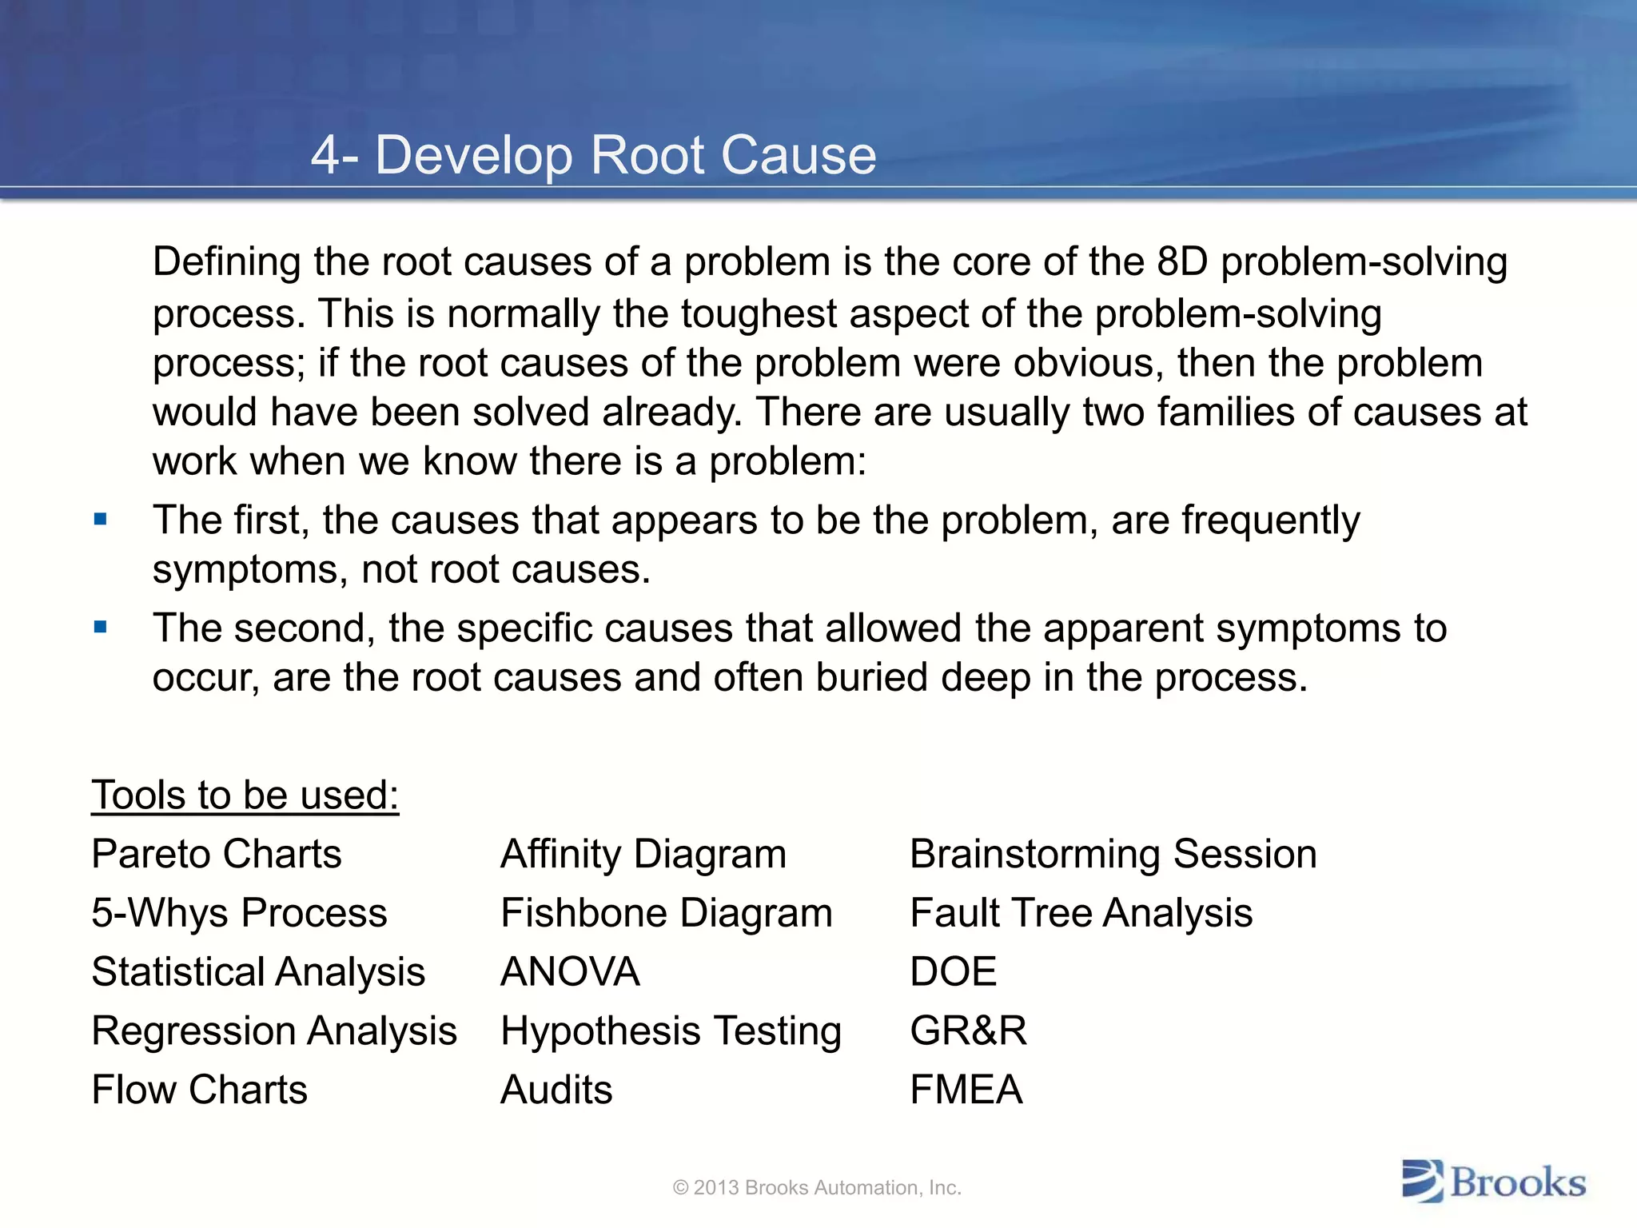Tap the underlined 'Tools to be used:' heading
coord(245,795)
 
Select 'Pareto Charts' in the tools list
coord(217,854)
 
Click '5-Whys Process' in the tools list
coord(239,913)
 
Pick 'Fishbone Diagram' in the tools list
coord(666,913)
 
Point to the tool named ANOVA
coord(570,972)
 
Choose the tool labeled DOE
coord(953,972)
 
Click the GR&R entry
coord(968,1031)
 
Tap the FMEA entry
coord(966,1090)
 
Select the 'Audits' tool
coord(556,1090)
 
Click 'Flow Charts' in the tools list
coord(199,1090)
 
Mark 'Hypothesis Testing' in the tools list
coord(671,1031)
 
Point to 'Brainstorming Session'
coord(1113,854)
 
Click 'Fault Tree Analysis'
coord(1081,913)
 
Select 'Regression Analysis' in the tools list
coord(274,1031)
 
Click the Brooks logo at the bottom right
coord(1493,1182)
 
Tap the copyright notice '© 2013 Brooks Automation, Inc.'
coord(817,1188)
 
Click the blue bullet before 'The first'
coord(100,520)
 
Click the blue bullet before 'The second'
coord(100,628)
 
